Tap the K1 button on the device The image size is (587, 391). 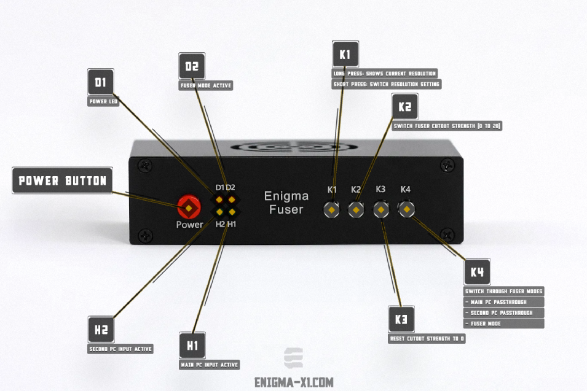pyautogui.click(x=332, y=211)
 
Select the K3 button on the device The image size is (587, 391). pyautogui.click(x=381, y=211)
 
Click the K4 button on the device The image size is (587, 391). pyautogui.click(x=406, y=210)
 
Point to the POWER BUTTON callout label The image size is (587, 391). pyautogui.click(x=63, y=181)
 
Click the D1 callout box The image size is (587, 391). pyautogui.click(x=101, y=82)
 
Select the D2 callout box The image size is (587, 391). pyautogui.click(x=192, y=66)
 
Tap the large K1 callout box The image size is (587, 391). pyautogui.click(x=344, y=54)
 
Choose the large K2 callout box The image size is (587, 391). pyautogui.click(x=404, y=107)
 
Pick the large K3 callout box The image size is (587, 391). pyautogui.click(x=401, y=319)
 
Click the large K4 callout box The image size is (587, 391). pyautogui.click(x=477, y=272)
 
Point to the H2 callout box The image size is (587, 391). pyautogui.click(x=101, y=330)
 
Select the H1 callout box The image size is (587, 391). pyautogui.click(x=192, y=346)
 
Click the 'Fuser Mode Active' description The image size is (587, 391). pyautogui.click(x=205, y=85)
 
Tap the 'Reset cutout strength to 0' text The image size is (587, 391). pyautogui.click(x=427, y=338)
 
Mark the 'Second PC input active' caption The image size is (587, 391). pyautogui.click(x=120, y=349)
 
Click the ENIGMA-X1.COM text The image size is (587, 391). pyautogui.click(x=294, y=382)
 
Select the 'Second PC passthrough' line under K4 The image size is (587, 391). pyautogui.click(x=503, y=312)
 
